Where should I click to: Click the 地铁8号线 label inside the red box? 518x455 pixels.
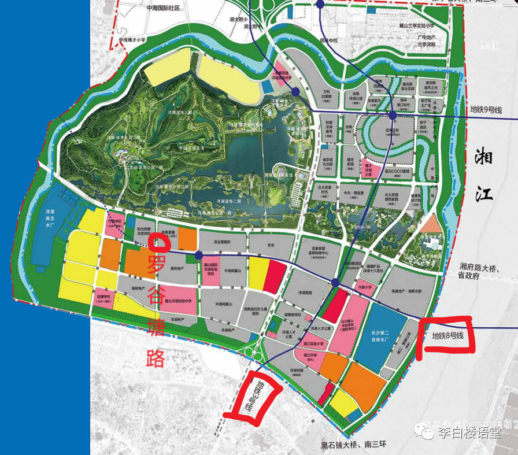(x=448, y=335)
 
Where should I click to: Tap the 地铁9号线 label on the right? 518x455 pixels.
(x=486, y=109)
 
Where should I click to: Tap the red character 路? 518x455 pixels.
(x=157, y=357)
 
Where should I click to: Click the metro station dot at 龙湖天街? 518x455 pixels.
(x=393, y=116)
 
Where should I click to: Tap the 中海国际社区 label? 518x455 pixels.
(x=156, y=8)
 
